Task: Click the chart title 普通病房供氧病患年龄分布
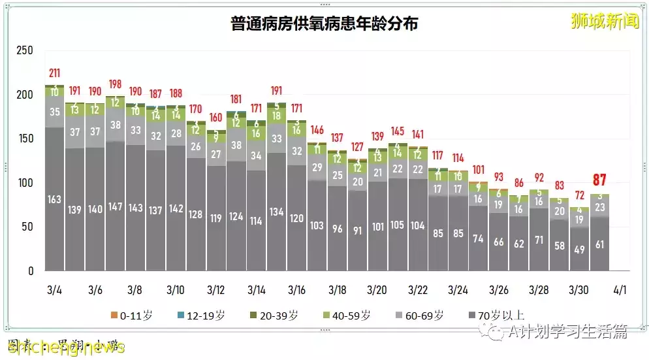point(324,25)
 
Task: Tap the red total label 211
point(55,73)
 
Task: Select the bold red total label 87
point(599,180)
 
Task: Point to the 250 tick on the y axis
point(25,50)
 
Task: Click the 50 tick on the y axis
point(28,227)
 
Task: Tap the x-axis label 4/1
point(620,289)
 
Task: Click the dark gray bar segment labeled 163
point(55,199)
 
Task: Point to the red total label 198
point(116,84)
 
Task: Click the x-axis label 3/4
point(55,289)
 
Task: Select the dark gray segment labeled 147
point(116,206)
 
